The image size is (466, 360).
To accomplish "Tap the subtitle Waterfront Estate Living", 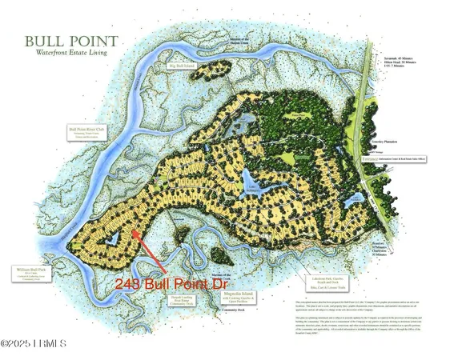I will tap(71, 53).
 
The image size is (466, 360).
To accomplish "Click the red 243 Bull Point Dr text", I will tap(159, 283).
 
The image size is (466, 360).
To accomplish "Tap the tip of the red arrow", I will tap(133, 232).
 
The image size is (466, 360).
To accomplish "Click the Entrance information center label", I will tap(398, 159).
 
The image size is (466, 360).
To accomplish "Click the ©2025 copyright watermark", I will tap(35, 344).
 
